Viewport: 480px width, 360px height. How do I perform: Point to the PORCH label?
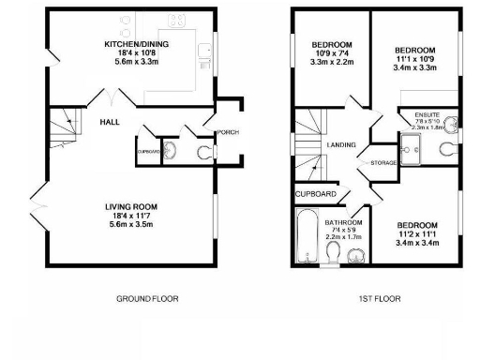click(x=228, y=132)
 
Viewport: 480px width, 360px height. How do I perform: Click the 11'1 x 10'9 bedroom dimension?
click(x=413, y=59)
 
